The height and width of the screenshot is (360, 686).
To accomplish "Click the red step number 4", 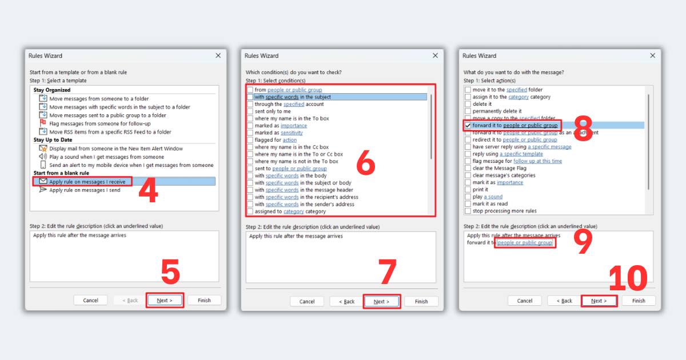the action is (x=148, y=191).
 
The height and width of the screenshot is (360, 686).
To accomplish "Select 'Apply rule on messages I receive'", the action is (x=87, y=182).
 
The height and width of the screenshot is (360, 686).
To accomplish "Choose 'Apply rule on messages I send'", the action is (x=85, y=190).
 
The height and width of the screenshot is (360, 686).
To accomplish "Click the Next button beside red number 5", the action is (x=165, y=301).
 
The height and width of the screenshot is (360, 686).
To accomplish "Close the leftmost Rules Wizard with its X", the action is (x=218, y=55).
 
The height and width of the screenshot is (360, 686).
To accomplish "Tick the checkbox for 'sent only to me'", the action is (x=250, y=111).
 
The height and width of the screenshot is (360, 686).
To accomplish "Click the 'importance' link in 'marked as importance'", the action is (x=294, y=126).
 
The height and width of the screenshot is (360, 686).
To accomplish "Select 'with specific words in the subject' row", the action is (x=293, y=97).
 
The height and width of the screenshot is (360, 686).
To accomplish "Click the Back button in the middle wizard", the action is (x=346, y=302).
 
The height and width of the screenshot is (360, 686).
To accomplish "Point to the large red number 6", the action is (x=366, y=162).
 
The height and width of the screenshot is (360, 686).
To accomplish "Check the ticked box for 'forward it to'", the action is (x=468, y=126).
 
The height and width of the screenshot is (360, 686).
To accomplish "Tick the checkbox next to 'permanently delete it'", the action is (x=468, y=111).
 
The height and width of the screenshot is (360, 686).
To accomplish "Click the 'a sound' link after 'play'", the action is (x=493, y=197).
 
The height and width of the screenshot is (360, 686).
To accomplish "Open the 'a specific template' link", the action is (x=521, y=154).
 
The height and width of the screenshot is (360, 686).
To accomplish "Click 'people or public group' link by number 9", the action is (x=525, y=242).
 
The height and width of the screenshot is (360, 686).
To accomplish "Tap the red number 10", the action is (x=628, y=278).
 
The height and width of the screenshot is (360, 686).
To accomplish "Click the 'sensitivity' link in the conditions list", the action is (x=292, y=133).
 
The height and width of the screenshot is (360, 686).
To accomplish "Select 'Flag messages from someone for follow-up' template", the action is (x=100, y=123).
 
